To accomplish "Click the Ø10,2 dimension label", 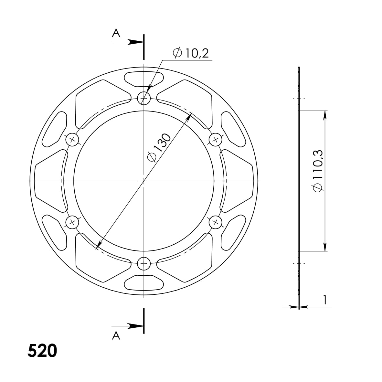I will click(x=191, y=53).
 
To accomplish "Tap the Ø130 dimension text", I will click(x=158, y=147).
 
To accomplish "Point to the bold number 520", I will click(x=42, y=351).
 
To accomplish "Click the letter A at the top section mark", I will click(x=116, y=33).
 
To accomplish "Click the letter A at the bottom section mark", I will click(x=116, y=336).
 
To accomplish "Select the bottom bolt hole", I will click(x=144, y=264).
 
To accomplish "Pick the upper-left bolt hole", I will click(x=72, y=140).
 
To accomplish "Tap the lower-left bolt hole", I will click(x=72, y=222).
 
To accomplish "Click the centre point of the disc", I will click(x=144, y=181).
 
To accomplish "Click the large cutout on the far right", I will click(x=239, y=180).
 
